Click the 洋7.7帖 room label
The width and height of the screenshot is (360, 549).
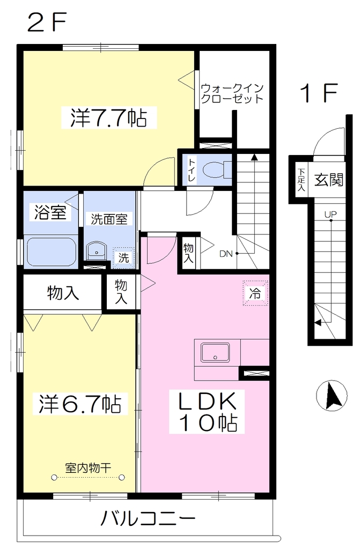click(108, 117)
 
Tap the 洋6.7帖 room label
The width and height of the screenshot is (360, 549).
click(80, 404)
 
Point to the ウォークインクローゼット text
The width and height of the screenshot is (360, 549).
click(232, 93)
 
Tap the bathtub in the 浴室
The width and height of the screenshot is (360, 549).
click(51, 252)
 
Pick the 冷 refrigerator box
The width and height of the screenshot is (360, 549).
click(255, 293)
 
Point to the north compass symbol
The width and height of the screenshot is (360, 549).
click(331, 396)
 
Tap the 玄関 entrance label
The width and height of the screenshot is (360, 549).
click(328, 180)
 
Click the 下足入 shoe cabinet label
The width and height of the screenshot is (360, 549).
click(302, 180)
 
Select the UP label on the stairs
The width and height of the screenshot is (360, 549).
click(330, 214)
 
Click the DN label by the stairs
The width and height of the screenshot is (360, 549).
click(226, 254)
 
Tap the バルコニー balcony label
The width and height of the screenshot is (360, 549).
click(148, 518)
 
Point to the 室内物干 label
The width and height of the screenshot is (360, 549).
click(88, 468)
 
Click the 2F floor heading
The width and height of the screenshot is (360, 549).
click(47, 23)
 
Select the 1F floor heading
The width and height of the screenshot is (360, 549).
click(319, 93)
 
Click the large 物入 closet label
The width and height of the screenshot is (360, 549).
click(63, 293)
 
